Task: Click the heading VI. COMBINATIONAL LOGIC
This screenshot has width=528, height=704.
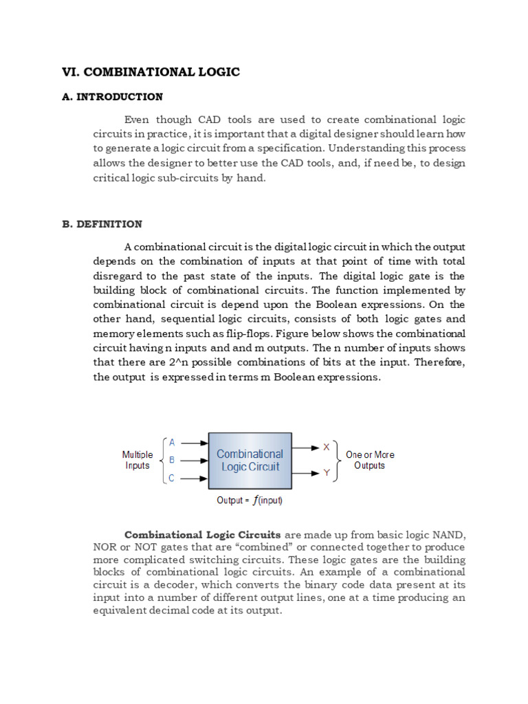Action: (151, 72)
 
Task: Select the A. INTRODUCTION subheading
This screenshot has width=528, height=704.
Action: (112, 97)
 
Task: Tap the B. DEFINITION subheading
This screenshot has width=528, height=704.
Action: (102, 224)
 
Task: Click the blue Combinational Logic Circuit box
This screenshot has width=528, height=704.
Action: (250, 461)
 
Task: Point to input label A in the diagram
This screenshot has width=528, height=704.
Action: (172, 442)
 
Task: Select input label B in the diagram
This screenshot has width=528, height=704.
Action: (172, 460)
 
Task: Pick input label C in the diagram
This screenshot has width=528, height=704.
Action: (172, 478)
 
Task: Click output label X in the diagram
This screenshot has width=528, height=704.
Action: (327, 447)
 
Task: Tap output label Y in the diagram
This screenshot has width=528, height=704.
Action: (327, 473)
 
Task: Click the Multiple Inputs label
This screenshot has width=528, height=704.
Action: (137, 460)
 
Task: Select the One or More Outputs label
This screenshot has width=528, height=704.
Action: (370, 460)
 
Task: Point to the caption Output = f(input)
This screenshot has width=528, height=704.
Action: (250, 500)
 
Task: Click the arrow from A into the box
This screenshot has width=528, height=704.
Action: (194, 443)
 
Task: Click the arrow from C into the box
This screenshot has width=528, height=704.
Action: (194, 478)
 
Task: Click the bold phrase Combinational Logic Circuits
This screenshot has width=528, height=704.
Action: (202, 535)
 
